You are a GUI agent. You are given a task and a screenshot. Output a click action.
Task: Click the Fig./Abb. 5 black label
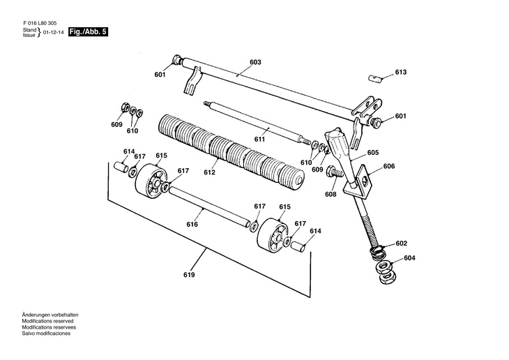88,33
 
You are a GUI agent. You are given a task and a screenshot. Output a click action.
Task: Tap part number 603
255,63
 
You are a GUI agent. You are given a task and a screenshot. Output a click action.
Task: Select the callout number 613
400,73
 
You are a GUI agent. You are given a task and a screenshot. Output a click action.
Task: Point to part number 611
259,140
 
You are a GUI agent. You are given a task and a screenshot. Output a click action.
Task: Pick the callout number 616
192,224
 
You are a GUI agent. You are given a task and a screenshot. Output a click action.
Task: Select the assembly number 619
190,274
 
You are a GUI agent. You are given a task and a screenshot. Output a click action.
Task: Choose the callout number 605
373,152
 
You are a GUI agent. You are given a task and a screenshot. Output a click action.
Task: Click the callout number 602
401,243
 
